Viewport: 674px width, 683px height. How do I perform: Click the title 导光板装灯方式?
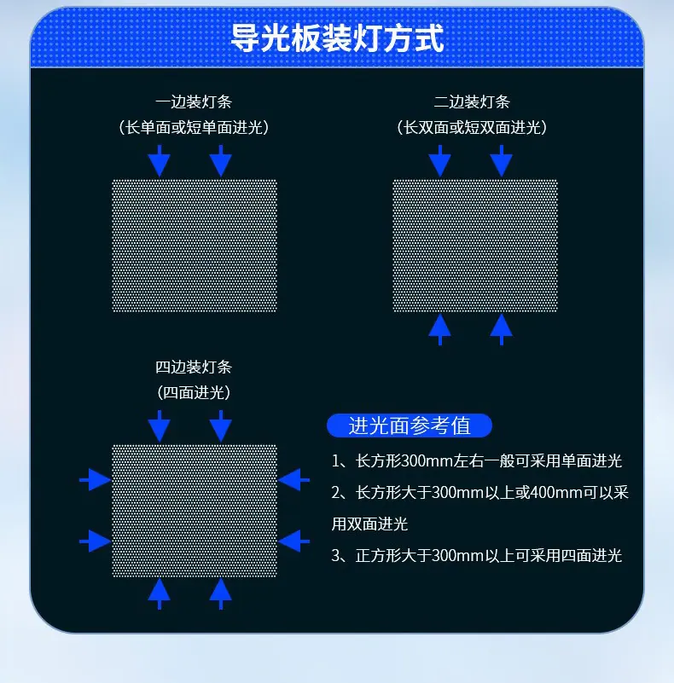pos(336,38)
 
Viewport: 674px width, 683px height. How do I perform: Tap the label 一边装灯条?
pos(194,102)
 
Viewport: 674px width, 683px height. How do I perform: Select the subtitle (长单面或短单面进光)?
pos(194,127)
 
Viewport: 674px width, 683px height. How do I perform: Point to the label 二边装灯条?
pos(472,102)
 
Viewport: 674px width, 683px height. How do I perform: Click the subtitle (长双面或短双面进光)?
pos(472,127)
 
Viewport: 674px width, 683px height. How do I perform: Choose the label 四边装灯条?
pos(194,367)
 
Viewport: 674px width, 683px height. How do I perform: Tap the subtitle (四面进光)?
pos(194,392)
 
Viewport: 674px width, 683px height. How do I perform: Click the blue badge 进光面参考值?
pos(410,425)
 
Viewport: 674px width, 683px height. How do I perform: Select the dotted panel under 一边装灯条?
pos(195,246)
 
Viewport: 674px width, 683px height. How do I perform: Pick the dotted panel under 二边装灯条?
pos(475,246)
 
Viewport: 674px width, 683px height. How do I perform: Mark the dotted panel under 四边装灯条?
pos(195,511)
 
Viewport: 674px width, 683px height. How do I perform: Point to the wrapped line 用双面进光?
pos(369,524)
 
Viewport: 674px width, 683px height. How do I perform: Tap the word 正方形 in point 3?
pos(378,555)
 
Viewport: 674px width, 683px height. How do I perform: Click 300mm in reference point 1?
pos(427,460)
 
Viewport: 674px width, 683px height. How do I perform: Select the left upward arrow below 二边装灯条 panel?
pos(440,330)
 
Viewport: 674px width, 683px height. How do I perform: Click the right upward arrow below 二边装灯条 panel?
pos(502,330)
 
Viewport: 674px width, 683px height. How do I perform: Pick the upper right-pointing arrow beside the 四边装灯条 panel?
pos(95,480)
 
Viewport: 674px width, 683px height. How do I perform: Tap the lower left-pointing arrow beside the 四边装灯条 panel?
pos(293,541)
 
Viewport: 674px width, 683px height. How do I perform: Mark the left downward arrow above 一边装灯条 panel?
pos(160,161)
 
